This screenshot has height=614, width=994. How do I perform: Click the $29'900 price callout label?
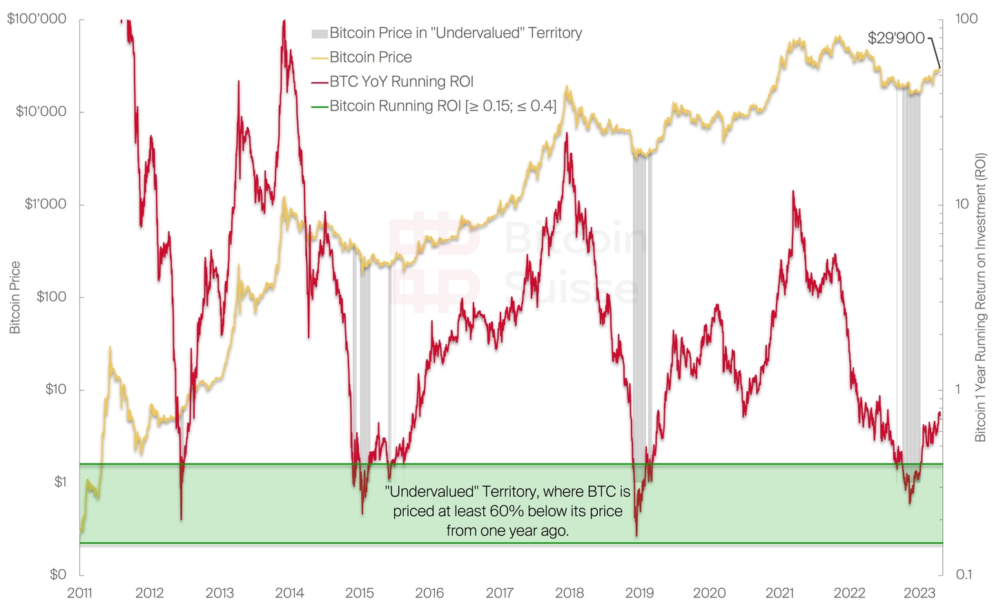[896, 38]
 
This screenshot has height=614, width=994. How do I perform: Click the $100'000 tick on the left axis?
[37, 19]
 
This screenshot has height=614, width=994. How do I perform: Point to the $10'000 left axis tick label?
[41, 111]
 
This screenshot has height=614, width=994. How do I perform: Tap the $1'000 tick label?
[45, 204]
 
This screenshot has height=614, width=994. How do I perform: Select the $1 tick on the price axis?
[60, 482]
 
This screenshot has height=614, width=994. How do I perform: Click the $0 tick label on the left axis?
[58, 574]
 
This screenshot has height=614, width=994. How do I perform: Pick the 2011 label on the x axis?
[80, 593]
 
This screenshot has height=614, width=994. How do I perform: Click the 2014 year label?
[289, 593]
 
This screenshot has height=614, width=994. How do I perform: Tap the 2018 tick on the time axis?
[569, 593]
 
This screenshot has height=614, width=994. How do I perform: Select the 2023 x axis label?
[919, 593]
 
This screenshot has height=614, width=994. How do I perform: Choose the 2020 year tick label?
[709, 593]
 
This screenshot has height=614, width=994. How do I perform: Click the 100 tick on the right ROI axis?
[966, 19]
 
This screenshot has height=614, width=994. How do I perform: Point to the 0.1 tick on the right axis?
[963, 574]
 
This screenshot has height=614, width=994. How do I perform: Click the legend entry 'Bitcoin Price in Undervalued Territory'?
[456, 33]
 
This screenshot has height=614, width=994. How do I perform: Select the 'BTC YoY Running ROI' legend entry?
[401, 81]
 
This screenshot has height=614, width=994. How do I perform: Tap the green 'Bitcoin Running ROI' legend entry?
[442, 106]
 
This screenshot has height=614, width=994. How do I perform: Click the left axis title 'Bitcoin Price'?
[15, 297]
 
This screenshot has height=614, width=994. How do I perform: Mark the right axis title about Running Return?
[980, 297]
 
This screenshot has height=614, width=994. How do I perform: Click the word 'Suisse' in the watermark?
[572, 287]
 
